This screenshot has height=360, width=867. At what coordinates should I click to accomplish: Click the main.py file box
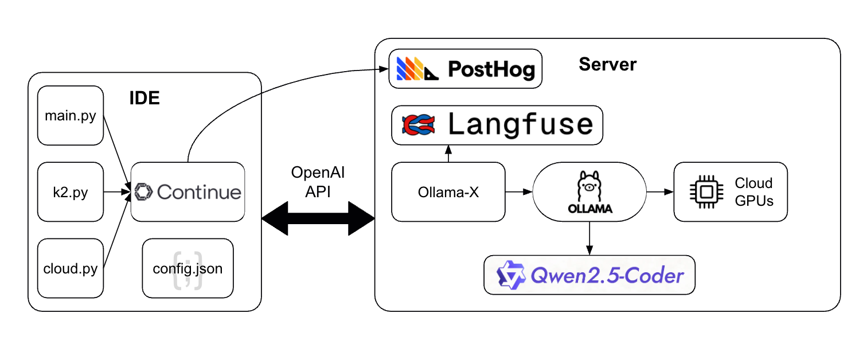(x=71, y=116)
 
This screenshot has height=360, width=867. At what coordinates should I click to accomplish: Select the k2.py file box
(x=71, y=192)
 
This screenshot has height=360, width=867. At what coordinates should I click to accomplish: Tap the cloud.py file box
(x=71, y=268)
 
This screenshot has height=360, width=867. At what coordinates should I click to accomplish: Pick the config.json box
(x=188, y=268)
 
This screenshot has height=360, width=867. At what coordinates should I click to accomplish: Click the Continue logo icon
(x=143, y=192)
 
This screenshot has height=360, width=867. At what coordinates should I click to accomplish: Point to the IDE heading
(x=144, y=98)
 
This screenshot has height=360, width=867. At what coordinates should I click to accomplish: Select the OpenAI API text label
(x=318, y=182)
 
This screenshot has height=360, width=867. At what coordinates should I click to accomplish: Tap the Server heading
(x=607, y=64)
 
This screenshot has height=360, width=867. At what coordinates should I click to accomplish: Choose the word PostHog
(x=491, y=69)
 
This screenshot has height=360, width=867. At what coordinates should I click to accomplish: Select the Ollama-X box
(x=448, y=192)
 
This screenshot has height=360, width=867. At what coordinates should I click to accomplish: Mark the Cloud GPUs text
(x=753, y=192)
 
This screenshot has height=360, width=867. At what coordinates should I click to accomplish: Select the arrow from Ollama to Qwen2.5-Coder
(x=589, y=238)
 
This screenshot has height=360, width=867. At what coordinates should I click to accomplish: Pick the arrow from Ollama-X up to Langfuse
(x=448, y=154)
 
